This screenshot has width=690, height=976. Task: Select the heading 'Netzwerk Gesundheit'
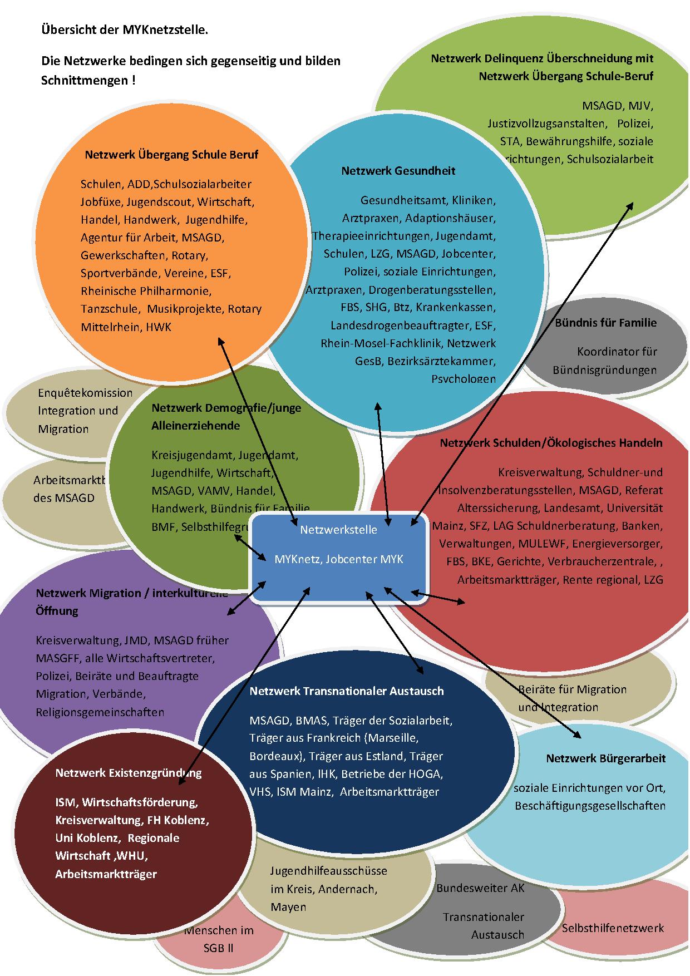(398, 171)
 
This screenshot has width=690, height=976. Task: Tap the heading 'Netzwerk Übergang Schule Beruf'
(171, 155)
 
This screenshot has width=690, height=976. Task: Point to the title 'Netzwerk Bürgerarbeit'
(605, 758)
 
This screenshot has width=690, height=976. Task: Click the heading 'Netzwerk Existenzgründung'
(128, 773)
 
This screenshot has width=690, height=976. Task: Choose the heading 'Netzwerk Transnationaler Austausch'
(346, 691)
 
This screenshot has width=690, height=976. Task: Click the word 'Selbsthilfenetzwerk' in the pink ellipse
(613, 928)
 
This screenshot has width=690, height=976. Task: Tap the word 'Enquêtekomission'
(85, 393)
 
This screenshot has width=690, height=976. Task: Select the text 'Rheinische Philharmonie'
(146, 291)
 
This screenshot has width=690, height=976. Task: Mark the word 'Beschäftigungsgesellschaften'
(590, 806)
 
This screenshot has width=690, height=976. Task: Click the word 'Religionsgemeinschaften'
(100, 712)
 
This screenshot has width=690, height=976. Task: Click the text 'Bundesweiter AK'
(480, 888)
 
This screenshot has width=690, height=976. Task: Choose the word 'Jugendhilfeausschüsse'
(329, 871)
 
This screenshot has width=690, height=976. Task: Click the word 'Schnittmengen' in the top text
(85, 81)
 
